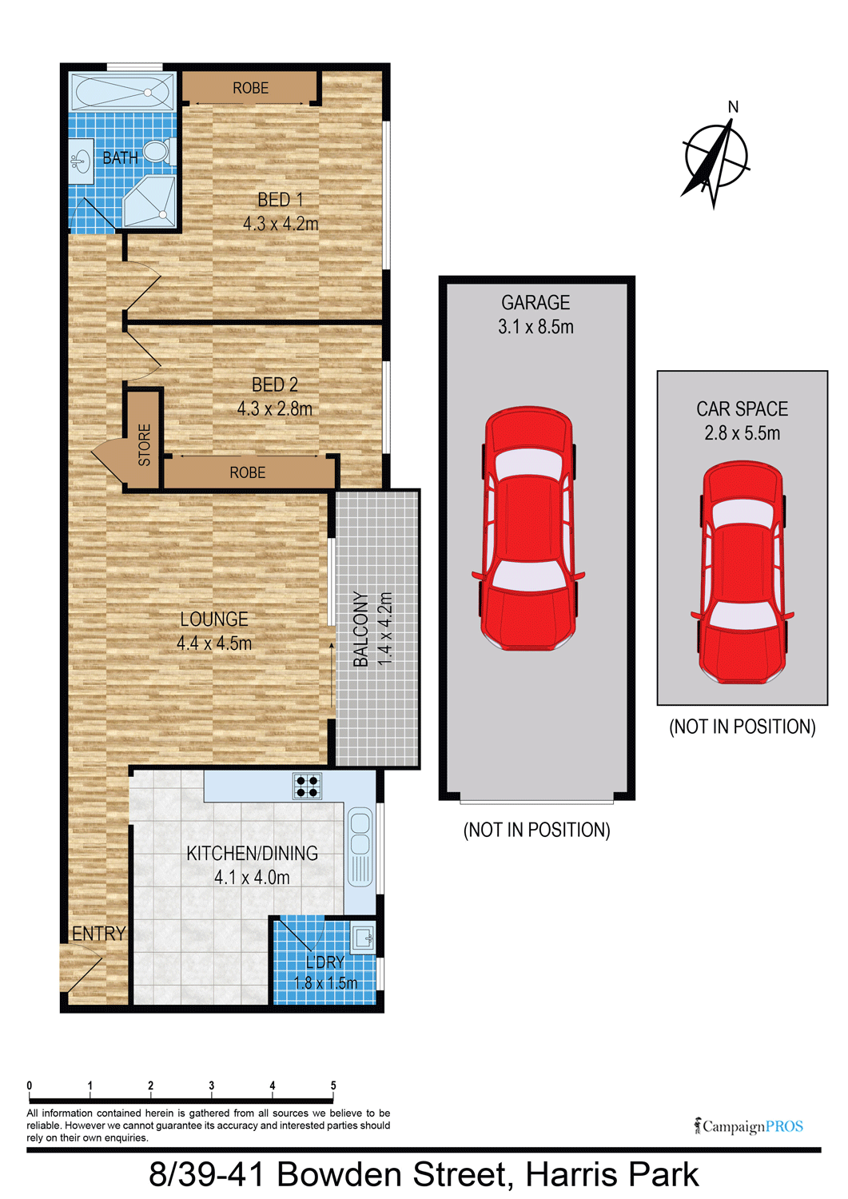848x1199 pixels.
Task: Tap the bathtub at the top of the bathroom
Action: pyautogui.click(x=122, y=92)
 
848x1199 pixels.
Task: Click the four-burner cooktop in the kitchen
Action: pyautogui.click(x=307, y=787)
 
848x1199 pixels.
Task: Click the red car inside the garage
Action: pyautogui.click(x=528, y=529)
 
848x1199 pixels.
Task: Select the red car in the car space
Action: pyautogui.click(x=742, y=572)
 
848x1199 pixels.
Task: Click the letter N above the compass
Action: pyautogui.click(x=733, y=108)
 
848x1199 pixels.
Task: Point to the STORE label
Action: pyautogui.click(x=144, y=444)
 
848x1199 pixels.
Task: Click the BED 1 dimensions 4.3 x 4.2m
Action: pyautogui.click(x=281, y=224)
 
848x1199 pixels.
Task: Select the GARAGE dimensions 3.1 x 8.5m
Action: pyautogui.click(x=535, y=326)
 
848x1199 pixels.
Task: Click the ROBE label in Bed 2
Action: pyautogui.click(x=247, y=472)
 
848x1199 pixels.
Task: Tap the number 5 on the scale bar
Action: pyautogui.click(x=333, y=1085)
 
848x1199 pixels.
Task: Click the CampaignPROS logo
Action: pyautogui.click(x=748, y=1126)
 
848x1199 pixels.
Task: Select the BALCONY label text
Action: pyautogui.click(x=361, y=629)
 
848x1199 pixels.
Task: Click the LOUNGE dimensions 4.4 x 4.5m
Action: pyautogui.click(x=214, y=643)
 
